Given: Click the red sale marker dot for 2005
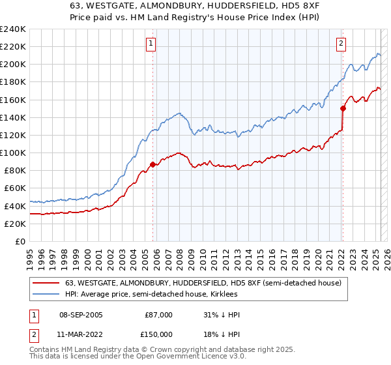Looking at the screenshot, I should tap(153, 164).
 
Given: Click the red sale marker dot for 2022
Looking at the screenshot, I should tap(343, 108).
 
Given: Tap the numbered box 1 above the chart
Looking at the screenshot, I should tap(151, 44).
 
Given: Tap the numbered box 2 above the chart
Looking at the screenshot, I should tap(341, 44).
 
